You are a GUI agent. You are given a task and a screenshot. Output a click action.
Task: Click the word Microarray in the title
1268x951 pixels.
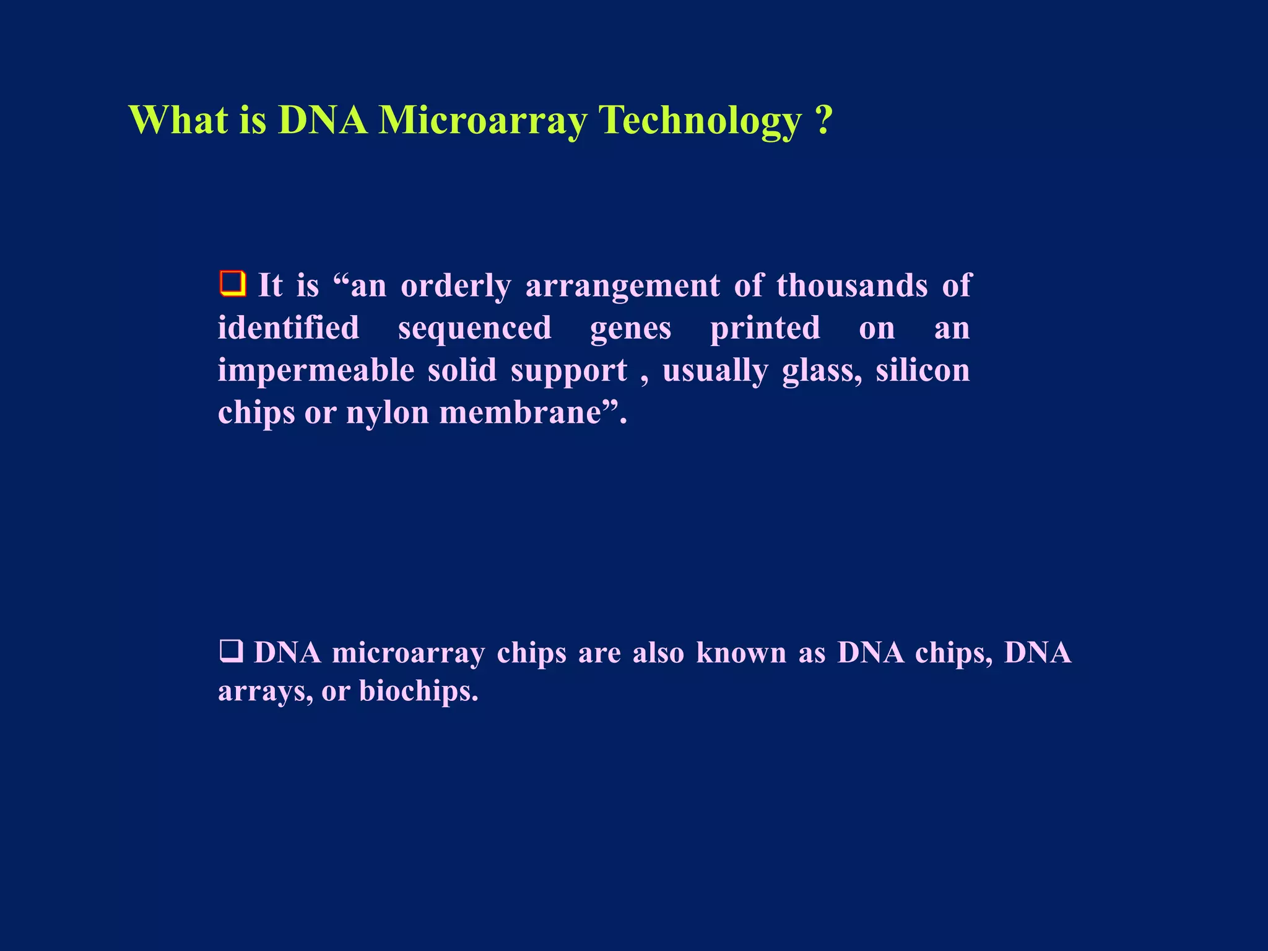point(482,119)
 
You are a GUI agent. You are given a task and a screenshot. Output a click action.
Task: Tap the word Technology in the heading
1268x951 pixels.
point(700,119)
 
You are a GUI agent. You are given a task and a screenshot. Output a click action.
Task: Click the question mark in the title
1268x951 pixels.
point(823,119)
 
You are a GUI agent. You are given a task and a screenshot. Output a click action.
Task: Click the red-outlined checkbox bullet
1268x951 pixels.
point(233,284)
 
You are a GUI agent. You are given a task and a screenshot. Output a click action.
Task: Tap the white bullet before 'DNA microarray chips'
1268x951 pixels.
point(231,652)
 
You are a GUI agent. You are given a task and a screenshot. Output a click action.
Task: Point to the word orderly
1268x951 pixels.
point(456,286)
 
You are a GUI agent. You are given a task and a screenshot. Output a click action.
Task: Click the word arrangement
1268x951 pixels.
point(623,286)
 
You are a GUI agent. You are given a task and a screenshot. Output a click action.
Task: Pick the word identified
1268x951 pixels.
point(289,328)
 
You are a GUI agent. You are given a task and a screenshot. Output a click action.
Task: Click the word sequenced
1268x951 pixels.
point(474,328)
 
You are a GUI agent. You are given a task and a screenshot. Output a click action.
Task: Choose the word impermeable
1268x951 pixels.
point(316,370)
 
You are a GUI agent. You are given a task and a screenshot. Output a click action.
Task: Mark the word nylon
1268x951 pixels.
point(388,412)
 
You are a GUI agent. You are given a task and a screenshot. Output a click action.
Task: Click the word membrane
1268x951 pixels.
point(520,412)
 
